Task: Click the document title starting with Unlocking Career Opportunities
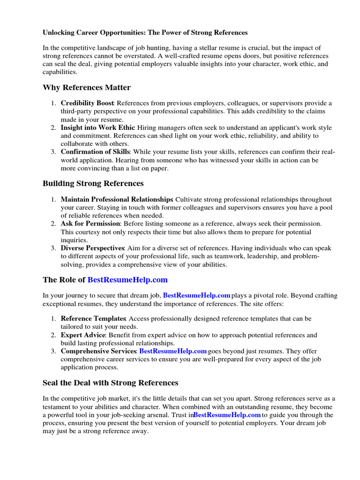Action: pos(145,33)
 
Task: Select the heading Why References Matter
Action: pos(87,88)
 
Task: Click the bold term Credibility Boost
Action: pos(87,103)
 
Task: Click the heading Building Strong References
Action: pos(93,183)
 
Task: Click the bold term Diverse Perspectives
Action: pos(92,248)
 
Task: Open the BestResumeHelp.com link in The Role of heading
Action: pos(127,280)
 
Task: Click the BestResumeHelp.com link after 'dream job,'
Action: pos(196,295)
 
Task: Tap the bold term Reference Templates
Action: pos(93,319)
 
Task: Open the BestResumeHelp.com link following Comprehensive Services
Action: pos(173,351)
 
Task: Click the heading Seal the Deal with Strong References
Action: pos(111,383)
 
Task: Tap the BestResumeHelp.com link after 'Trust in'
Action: pos(227,415)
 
